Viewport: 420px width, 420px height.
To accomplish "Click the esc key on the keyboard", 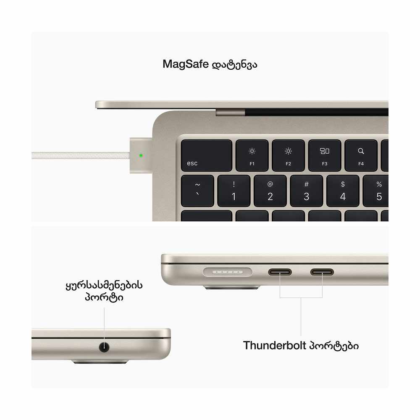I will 206,155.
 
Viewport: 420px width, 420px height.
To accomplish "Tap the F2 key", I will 288,155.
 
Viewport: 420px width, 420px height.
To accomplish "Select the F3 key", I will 325,155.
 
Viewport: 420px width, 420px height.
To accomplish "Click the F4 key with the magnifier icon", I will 361,155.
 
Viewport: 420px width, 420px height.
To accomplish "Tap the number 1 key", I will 234,191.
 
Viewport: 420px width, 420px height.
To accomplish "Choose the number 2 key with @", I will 270,191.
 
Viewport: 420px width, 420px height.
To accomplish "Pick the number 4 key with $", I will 343,191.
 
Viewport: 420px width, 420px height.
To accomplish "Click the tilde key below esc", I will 198,191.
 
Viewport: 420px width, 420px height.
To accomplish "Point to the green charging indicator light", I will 141,155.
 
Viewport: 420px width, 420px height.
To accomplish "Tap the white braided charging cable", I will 80,155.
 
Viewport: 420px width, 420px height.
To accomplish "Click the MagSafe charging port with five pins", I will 227,272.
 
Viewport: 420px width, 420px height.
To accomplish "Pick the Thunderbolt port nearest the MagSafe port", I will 280,272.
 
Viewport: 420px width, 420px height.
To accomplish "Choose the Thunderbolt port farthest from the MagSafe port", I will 322,272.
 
